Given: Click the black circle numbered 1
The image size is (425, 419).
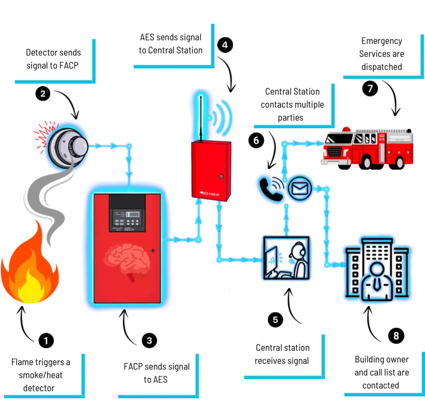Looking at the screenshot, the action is [x=46, y=340].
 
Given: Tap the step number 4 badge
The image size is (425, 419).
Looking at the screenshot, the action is [x=225, y=45].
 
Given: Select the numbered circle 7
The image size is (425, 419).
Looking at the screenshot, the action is [x=370, y=88].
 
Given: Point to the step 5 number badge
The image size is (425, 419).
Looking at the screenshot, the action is [x=275, y=320].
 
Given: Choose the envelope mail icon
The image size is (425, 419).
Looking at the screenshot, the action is [x=300, y=188].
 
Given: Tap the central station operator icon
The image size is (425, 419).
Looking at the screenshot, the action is [x=286, y=258].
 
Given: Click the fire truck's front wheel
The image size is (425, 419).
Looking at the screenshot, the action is [x=367, y=162].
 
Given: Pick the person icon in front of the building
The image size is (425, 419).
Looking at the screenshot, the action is [x=377, y=280].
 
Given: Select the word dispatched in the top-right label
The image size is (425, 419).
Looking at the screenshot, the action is [x=382, y=67].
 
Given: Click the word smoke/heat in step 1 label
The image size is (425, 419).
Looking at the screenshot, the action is [x=41, y=375].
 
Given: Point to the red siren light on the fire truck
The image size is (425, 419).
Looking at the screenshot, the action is [x=346, y=129].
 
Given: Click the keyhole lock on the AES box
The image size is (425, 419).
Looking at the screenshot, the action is [x=221, y=176].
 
